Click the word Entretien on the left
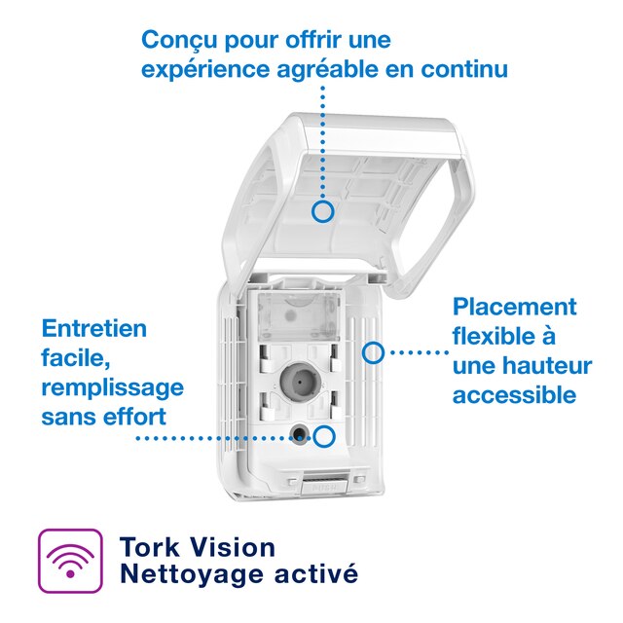[94, 328]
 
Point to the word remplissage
[112, 387]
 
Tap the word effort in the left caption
[133, 417]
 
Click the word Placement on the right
[515, 307]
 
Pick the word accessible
[514, 395]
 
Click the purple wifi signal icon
[69, 562]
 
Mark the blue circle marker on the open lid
[324, 209]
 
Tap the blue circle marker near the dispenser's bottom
[324, 437]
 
